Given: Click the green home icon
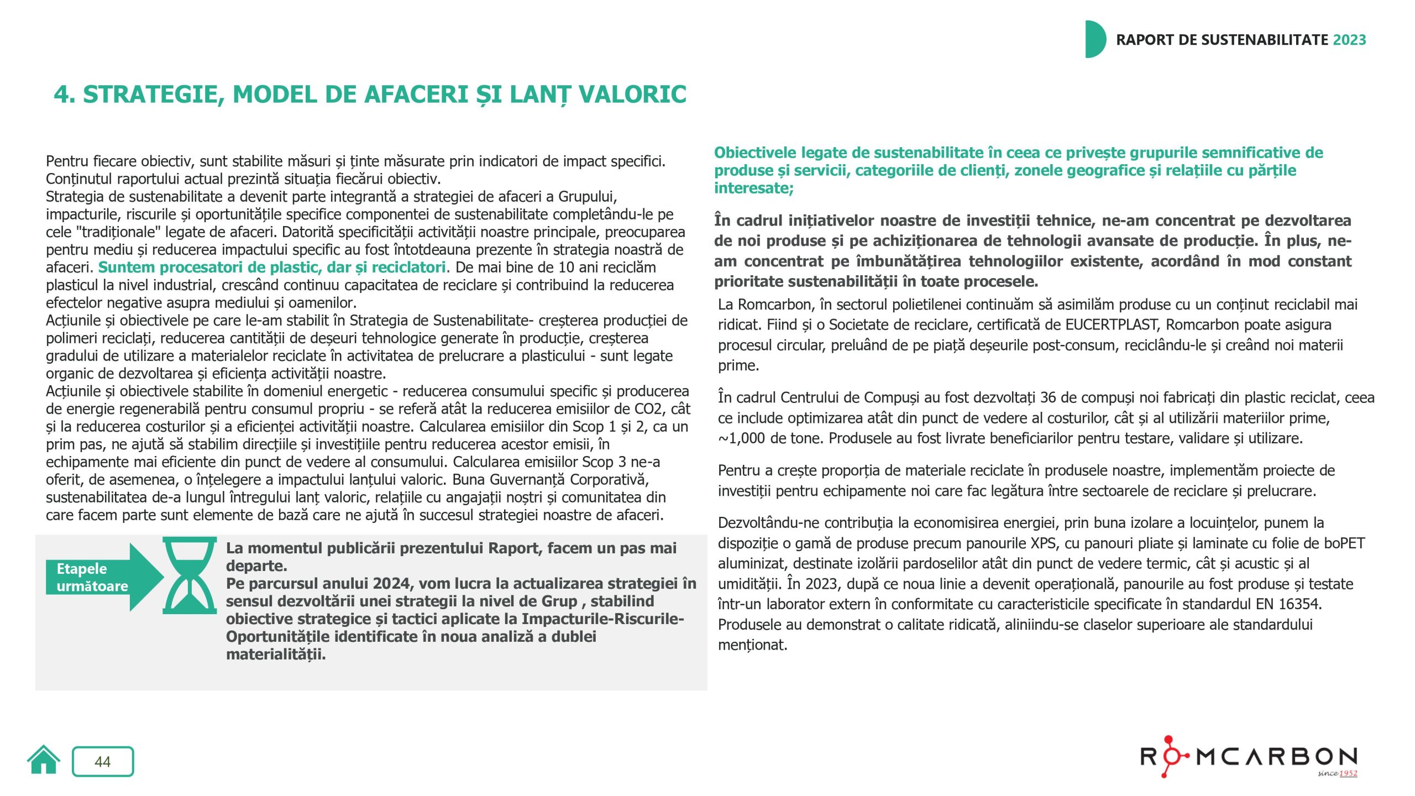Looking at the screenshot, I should pos(44,761).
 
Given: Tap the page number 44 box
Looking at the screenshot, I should pos(103,762).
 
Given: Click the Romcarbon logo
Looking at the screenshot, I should pos(1249,756).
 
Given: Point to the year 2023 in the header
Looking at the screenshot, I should pos(1349,40).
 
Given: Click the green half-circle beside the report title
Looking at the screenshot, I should pos(1095,39).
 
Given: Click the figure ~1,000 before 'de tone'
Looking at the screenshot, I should pos(741,439).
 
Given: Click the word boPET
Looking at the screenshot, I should pos(1344,543).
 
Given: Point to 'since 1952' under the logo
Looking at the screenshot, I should pos(1337,773).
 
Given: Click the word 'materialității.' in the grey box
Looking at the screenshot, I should pos(276,655).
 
